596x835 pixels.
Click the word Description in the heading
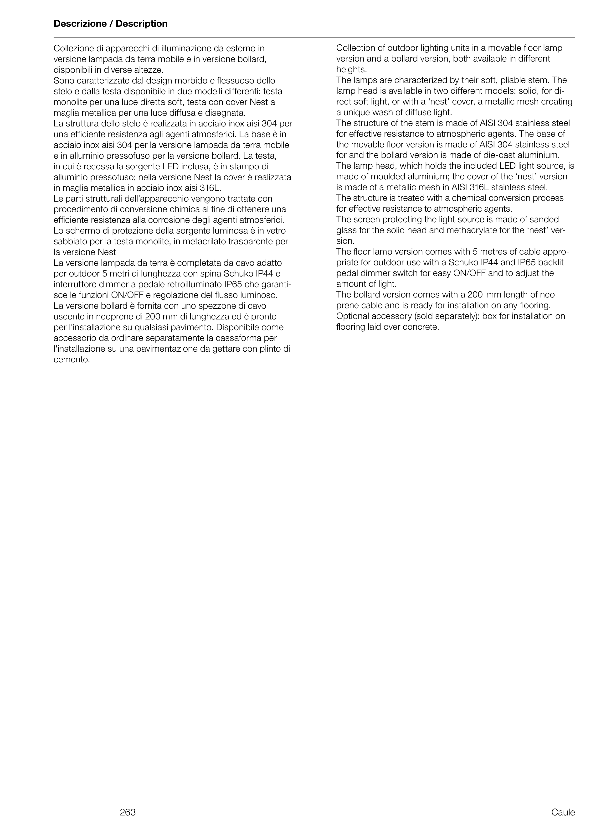coord(142,24)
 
